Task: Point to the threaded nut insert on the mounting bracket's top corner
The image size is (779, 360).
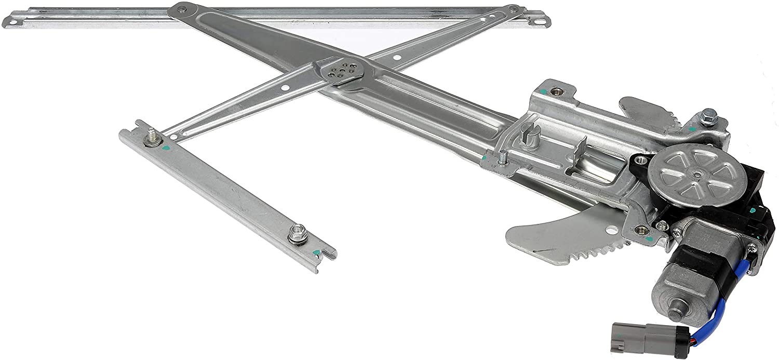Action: coord(558,90)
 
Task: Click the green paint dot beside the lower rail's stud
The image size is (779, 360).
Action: coord(165,148)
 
